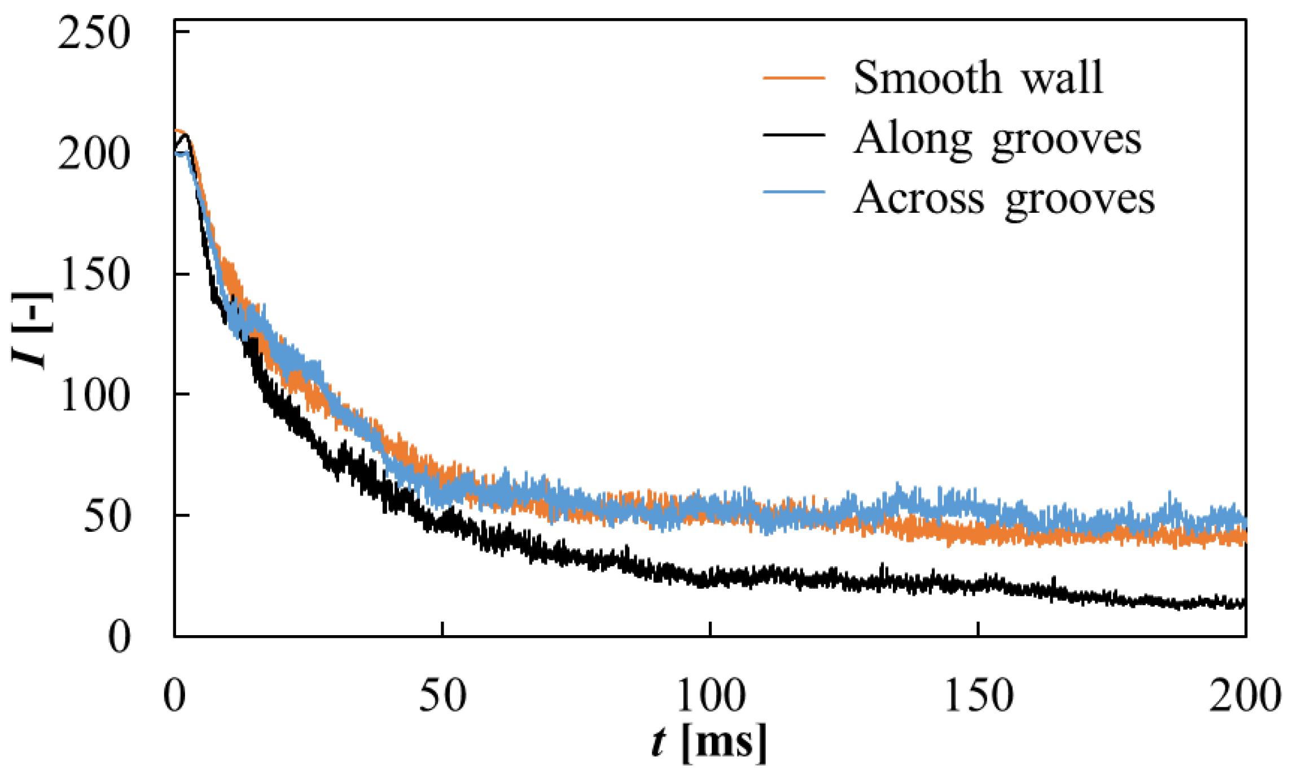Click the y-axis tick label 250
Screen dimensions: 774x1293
94,32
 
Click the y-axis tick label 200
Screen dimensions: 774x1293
94,154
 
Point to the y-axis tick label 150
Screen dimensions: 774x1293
94,275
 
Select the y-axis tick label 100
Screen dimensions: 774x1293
94,395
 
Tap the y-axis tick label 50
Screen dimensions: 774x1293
107,516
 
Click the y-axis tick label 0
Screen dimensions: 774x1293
119,637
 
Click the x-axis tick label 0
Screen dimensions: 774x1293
174,696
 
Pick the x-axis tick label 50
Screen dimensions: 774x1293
442,696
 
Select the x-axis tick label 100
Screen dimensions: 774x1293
711,696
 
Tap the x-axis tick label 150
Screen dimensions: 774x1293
978,696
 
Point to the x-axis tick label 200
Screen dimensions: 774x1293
1245,696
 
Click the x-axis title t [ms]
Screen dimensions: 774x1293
709,741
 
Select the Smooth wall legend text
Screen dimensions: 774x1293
978,77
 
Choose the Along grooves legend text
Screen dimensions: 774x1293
997,138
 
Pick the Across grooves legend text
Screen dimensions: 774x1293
1003,198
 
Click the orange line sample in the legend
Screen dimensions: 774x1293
794,77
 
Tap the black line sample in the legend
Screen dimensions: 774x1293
794,135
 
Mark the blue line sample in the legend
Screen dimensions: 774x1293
794,192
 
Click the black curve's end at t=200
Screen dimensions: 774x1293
1243,604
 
